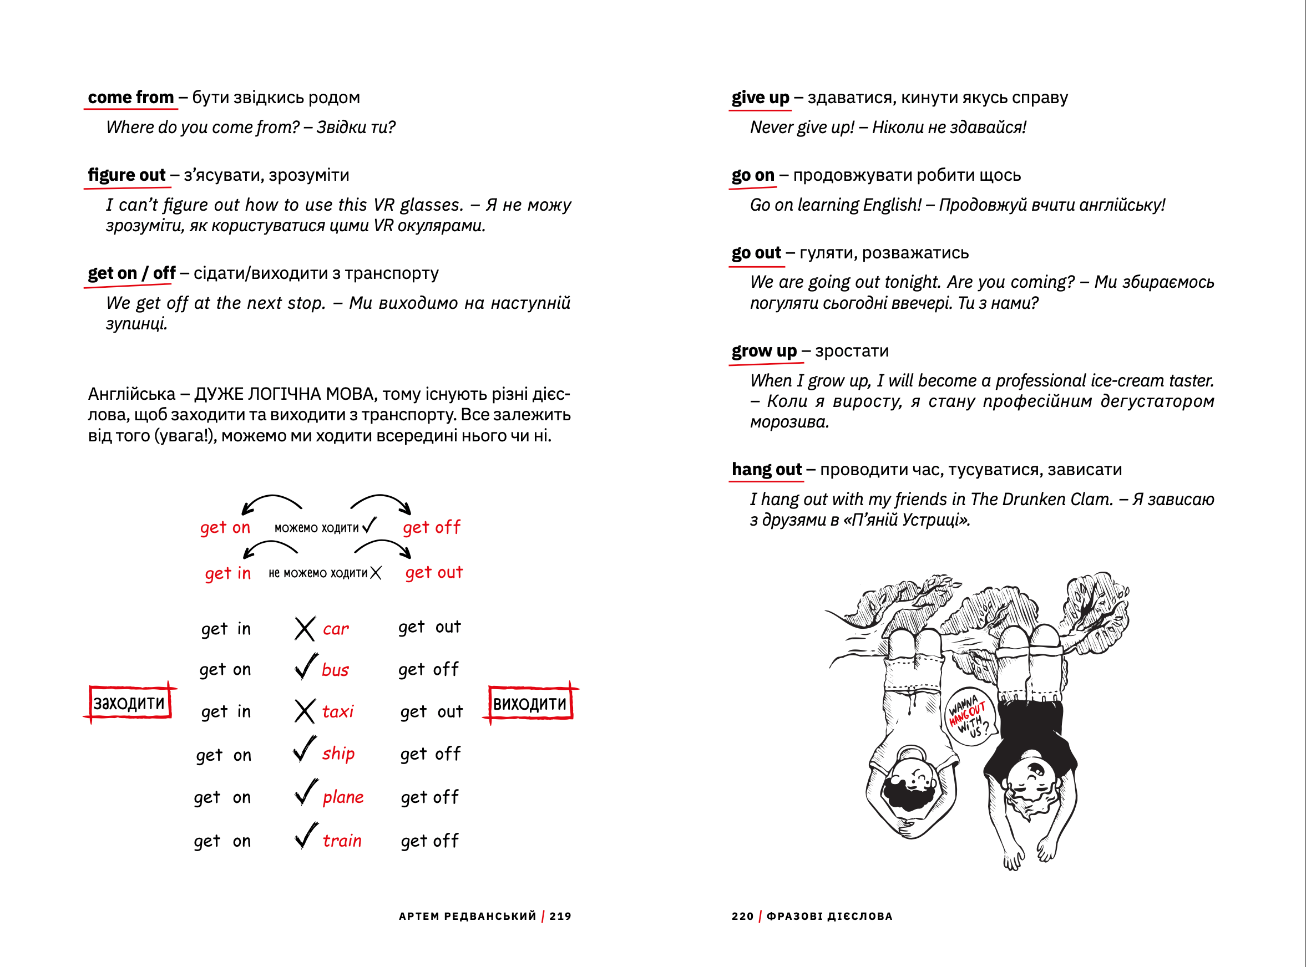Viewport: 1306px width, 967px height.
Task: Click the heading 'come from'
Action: pyautogui.click(x=130, y=97)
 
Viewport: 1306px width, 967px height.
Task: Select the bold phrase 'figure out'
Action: pyautogui.click(x=126, y=175)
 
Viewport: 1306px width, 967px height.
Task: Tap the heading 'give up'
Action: pyautogui.click(x=760, y=97)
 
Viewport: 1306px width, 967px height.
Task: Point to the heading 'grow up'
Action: pyautogui.click(x=764, y=351)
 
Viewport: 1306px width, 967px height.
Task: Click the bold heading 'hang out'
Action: pyautogui.click(x=766, y=470)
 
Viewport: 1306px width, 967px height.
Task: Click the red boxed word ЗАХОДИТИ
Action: pyautogui.click(x=129, y=703)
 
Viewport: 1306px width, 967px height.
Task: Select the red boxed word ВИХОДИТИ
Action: pyautogui.click(x=530, y=704)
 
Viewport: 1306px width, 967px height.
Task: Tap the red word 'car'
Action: pyautogui.click(x=336, y=629)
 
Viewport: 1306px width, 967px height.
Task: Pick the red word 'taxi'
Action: pyautogui.click(x=338, y=712)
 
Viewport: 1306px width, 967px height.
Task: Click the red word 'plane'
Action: pyautogui.click(x=343, y=797)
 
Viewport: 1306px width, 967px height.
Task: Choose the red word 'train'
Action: pyautogui.click(x=342, y=841)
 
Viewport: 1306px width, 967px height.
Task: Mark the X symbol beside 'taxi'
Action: pyautogui.click(x=305, y=712)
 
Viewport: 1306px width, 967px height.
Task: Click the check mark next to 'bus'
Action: pyautogui.click(x=306, y=666)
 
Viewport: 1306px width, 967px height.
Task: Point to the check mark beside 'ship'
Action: pyautogui.click(x=305, y=750)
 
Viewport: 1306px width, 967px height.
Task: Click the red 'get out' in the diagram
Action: pyautogui.click(x=434, y=572)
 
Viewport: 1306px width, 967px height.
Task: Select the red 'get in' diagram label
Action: pyautogui.click(x=228, y=574)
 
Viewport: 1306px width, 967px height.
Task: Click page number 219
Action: pyautogui.click(x=560, y=917)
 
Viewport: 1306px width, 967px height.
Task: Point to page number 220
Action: pyautogui.click(x=742, y=917)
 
